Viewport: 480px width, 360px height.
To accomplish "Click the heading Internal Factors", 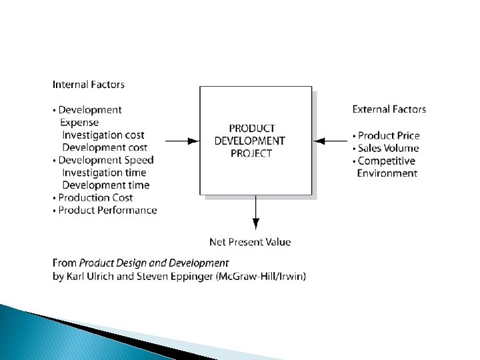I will click(x=88, y=85).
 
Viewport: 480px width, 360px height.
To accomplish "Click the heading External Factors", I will click(x=389, y=109).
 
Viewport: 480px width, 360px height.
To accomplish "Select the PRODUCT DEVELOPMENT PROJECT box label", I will click(x=249, y=141).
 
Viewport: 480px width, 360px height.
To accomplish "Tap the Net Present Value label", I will click(x=250, y=242).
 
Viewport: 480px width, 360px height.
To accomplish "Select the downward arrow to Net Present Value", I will click(x=255, y=213).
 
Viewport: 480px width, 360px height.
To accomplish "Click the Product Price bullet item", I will click(x=389, y=135).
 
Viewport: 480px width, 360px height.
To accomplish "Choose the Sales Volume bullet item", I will click(x=388, y=148).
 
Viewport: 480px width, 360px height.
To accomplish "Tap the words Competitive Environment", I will click(x=387, y=167).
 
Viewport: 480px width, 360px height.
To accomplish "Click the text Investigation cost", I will click(x=103, y=135).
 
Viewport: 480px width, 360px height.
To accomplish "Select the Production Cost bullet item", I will click(x=95, y=197).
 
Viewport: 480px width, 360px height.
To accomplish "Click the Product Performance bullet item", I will click(x=107, y=210).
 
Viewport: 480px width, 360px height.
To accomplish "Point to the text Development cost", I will click(x=105, y=147).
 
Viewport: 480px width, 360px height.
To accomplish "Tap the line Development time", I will click(x=105, y=185).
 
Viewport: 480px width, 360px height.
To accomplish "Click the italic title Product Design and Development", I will click(x=153, y=263).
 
